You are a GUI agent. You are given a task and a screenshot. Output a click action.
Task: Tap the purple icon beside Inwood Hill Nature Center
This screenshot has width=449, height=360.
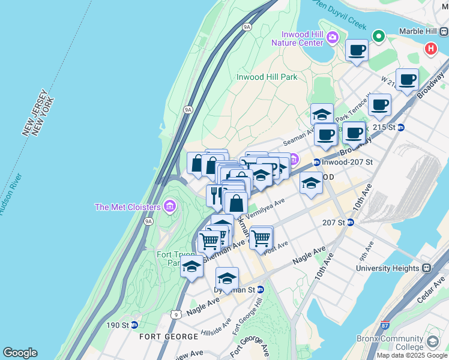coord(333,39)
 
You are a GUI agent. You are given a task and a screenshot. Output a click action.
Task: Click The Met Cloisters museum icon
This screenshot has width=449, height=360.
coord(170,207)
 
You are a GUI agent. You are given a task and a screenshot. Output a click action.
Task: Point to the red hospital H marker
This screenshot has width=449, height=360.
coord(430,49)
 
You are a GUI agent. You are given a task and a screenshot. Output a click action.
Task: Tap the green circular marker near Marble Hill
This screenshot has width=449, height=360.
coord(379,37)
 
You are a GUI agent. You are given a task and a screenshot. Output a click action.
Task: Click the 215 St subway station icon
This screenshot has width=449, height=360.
coord(401,127)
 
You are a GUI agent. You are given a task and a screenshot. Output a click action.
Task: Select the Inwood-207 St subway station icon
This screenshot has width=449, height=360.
coord(316,163)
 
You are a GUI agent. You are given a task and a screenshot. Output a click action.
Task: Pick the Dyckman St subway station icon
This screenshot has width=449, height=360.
coord(261,289)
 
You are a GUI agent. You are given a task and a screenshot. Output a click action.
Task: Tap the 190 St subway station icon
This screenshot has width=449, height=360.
coord(134,325)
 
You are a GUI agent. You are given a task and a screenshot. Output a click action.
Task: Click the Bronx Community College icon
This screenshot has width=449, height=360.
coord(432,342)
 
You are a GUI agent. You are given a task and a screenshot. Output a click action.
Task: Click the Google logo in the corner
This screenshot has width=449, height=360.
coord(20,353)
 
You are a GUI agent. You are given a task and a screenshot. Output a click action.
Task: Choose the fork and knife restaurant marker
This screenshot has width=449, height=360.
coord(215,194)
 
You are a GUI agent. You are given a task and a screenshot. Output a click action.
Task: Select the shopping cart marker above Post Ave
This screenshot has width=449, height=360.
coord(261,238)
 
